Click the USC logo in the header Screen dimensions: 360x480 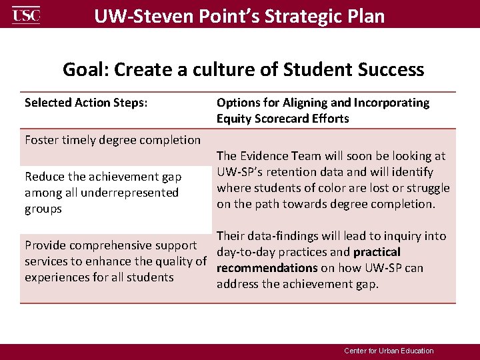(x=26, y=15)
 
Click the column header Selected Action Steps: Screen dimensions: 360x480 (x=86, y=103)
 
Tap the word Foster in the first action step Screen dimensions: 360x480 (x=43, y=140)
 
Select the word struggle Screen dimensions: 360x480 (x=427, y=188)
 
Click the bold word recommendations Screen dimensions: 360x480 (x=267, y=268)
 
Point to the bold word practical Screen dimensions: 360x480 (x=377, y=252)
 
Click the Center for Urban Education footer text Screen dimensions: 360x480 (x=389, y=351)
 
